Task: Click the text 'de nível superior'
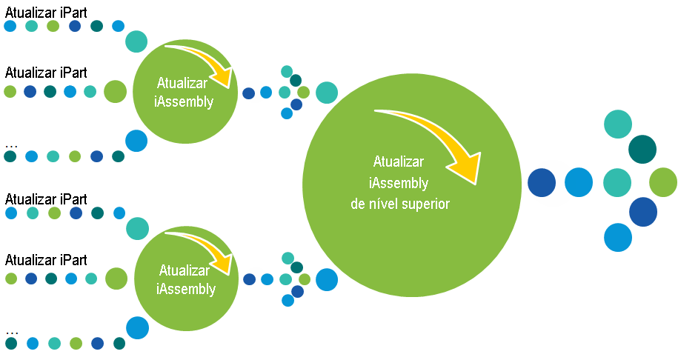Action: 400,204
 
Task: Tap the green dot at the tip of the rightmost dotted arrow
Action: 663,182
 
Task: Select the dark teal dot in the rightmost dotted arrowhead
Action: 642,150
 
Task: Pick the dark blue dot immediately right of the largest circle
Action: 542,183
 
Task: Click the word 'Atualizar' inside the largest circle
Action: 398,161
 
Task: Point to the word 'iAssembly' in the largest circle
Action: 398,183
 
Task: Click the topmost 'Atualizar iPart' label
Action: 46,13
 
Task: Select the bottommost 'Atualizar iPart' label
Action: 46,260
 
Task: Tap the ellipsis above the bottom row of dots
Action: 12,333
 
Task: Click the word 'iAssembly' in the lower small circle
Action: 186,289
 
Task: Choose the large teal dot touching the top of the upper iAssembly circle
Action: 136,41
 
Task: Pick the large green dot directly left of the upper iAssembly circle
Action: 115,91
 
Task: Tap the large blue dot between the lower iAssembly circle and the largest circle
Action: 327,279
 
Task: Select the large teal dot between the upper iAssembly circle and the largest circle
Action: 327,93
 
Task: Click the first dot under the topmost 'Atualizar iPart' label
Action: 10,26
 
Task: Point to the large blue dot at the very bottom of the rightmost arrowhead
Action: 618,237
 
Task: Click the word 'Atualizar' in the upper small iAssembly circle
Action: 182,82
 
